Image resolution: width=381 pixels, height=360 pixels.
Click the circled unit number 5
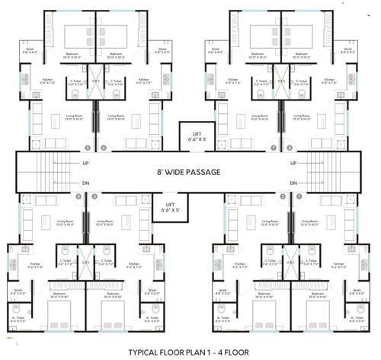[88, 147]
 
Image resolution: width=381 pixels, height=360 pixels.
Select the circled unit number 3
[94, 196]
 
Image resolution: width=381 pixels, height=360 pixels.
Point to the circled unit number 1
[296, 196]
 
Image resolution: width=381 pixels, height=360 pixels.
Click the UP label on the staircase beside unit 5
[85, 163]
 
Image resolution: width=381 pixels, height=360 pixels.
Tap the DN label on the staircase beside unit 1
[291, 183]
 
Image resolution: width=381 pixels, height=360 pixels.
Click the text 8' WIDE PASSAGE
[189, 173]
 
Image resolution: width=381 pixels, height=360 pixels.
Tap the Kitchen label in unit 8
[329, 80]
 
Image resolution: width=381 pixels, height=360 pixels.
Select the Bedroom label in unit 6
[116, 56]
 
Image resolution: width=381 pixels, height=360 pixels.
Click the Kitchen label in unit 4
[34, 266]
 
